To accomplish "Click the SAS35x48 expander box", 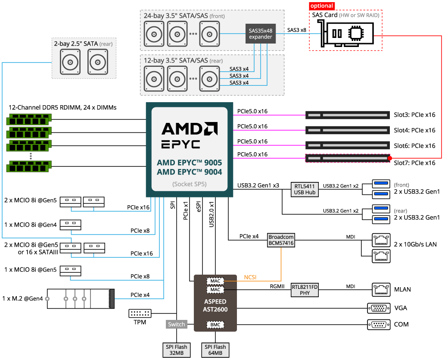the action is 261,34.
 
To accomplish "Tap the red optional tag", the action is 322,6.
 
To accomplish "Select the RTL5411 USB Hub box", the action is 305,189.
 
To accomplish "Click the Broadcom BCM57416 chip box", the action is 281,240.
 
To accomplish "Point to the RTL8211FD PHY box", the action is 305,290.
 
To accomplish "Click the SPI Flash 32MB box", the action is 177,350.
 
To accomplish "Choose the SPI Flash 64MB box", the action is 215,350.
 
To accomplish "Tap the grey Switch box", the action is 177,324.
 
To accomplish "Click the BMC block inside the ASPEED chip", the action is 215,325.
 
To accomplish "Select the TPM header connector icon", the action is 140,313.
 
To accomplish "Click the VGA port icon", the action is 379,308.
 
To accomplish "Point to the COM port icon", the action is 379,325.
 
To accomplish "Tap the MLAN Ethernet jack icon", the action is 381,290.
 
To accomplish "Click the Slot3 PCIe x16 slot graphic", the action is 348,115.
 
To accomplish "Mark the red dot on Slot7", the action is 390,158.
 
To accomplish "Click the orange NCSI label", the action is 250,277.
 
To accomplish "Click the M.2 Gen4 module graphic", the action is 81,299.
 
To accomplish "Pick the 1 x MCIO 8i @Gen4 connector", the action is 71,225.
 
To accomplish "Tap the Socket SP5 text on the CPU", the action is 190,184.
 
